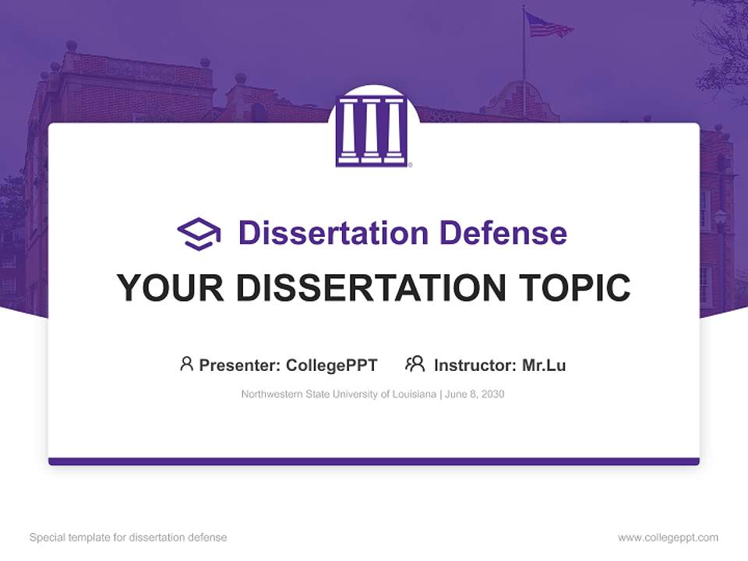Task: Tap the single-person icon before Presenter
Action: pyautogui.click(x=186, y=364)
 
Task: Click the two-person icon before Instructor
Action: pyautogui.click(x=415, y=364)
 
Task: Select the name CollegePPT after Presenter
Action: pyautogui.click(x=332, y=365)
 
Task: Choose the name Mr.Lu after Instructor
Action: pyautogui.click(x=544, y=365)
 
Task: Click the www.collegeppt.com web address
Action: pyautogui.click(x=668, y=538)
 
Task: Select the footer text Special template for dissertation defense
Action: pyautogui.click(x=128, y=538)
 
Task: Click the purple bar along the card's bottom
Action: pyautogui.click(x=373, y=461)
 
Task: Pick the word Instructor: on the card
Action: pyautogui.click(x=475, y=365)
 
